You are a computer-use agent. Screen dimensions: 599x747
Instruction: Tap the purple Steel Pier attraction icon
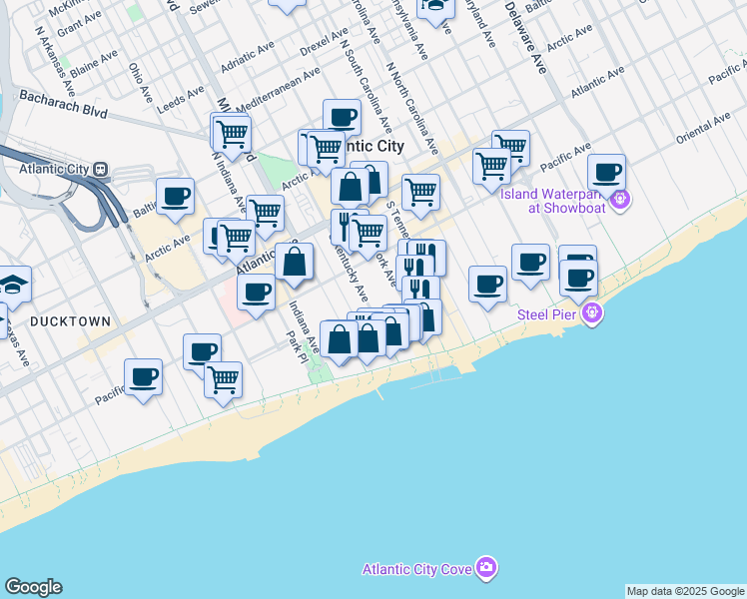pos(593,314)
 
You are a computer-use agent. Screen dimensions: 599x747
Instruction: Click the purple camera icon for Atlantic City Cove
pos(486,568)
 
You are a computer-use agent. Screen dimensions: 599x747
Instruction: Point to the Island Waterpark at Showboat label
pos(554,201)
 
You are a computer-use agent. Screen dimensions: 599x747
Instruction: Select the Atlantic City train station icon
pos(100,169)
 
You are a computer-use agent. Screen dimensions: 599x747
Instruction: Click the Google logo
pos(33,587)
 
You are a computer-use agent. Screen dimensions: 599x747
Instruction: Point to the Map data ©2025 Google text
pos(684,591)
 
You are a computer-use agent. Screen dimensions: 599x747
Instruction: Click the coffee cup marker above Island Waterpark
pos(606,171)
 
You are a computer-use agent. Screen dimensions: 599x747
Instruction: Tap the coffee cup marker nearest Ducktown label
pos(144,376)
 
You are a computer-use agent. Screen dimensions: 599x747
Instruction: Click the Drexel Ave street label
pos(324,46)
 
